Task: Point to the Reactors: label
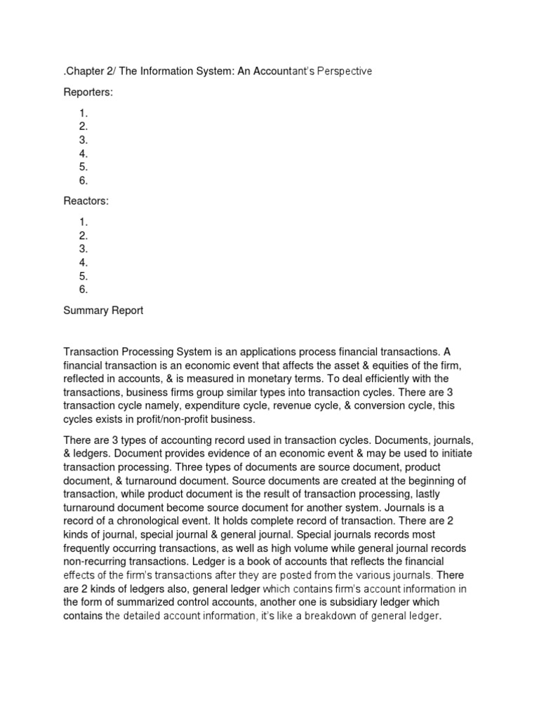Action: [x=86, y=201]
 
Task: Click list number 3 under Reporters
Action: [x=84, y=140]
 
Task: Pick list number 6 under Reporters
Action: [x=84, y=180]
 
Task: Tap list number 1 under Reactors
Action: [x=84, y=222]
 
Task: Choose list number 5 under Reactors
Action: [x=84, y=276]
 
